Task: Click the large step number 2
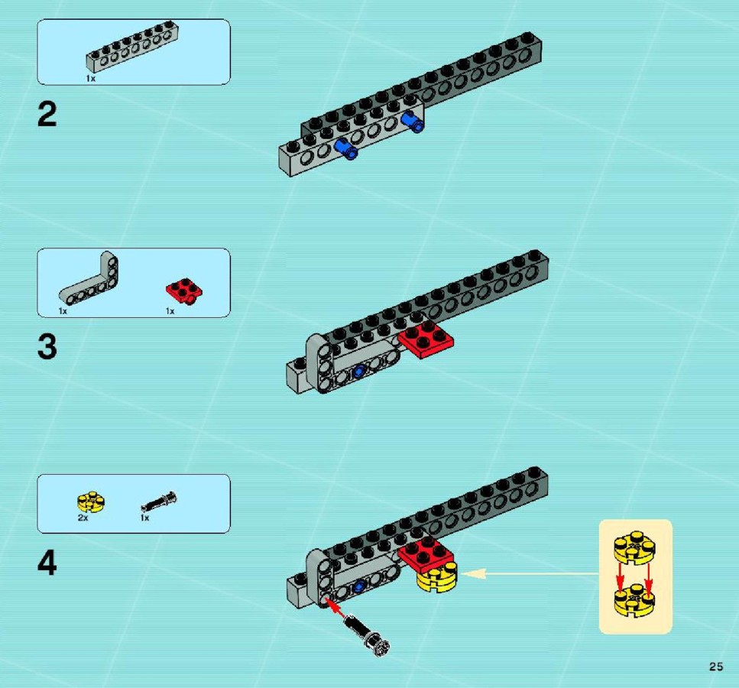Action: tap(47, 115)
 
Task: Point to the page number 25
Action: tap(716, 667)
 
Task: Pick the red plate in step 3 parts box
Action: tap(184, 290)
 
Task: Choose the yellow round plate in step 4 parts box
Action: tap(91, 502)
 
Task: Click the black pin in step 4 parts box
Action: tap(159, 501)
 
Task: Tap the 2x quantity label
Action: tap(83, 518)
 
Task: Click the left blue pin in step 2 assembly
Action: tap(346, 148)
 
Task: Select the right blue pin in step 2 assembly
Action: tap(413, 122)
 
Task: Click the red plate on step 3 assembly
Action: tap(426, 339)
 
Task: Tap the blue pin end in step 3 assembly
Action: tap(358, 372)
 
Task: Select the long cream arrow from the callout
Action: tap(530, 573)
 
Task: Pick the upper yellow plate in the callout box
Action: tap(634, 547)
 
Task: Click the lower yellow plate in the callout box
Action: tap(634, 600)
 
